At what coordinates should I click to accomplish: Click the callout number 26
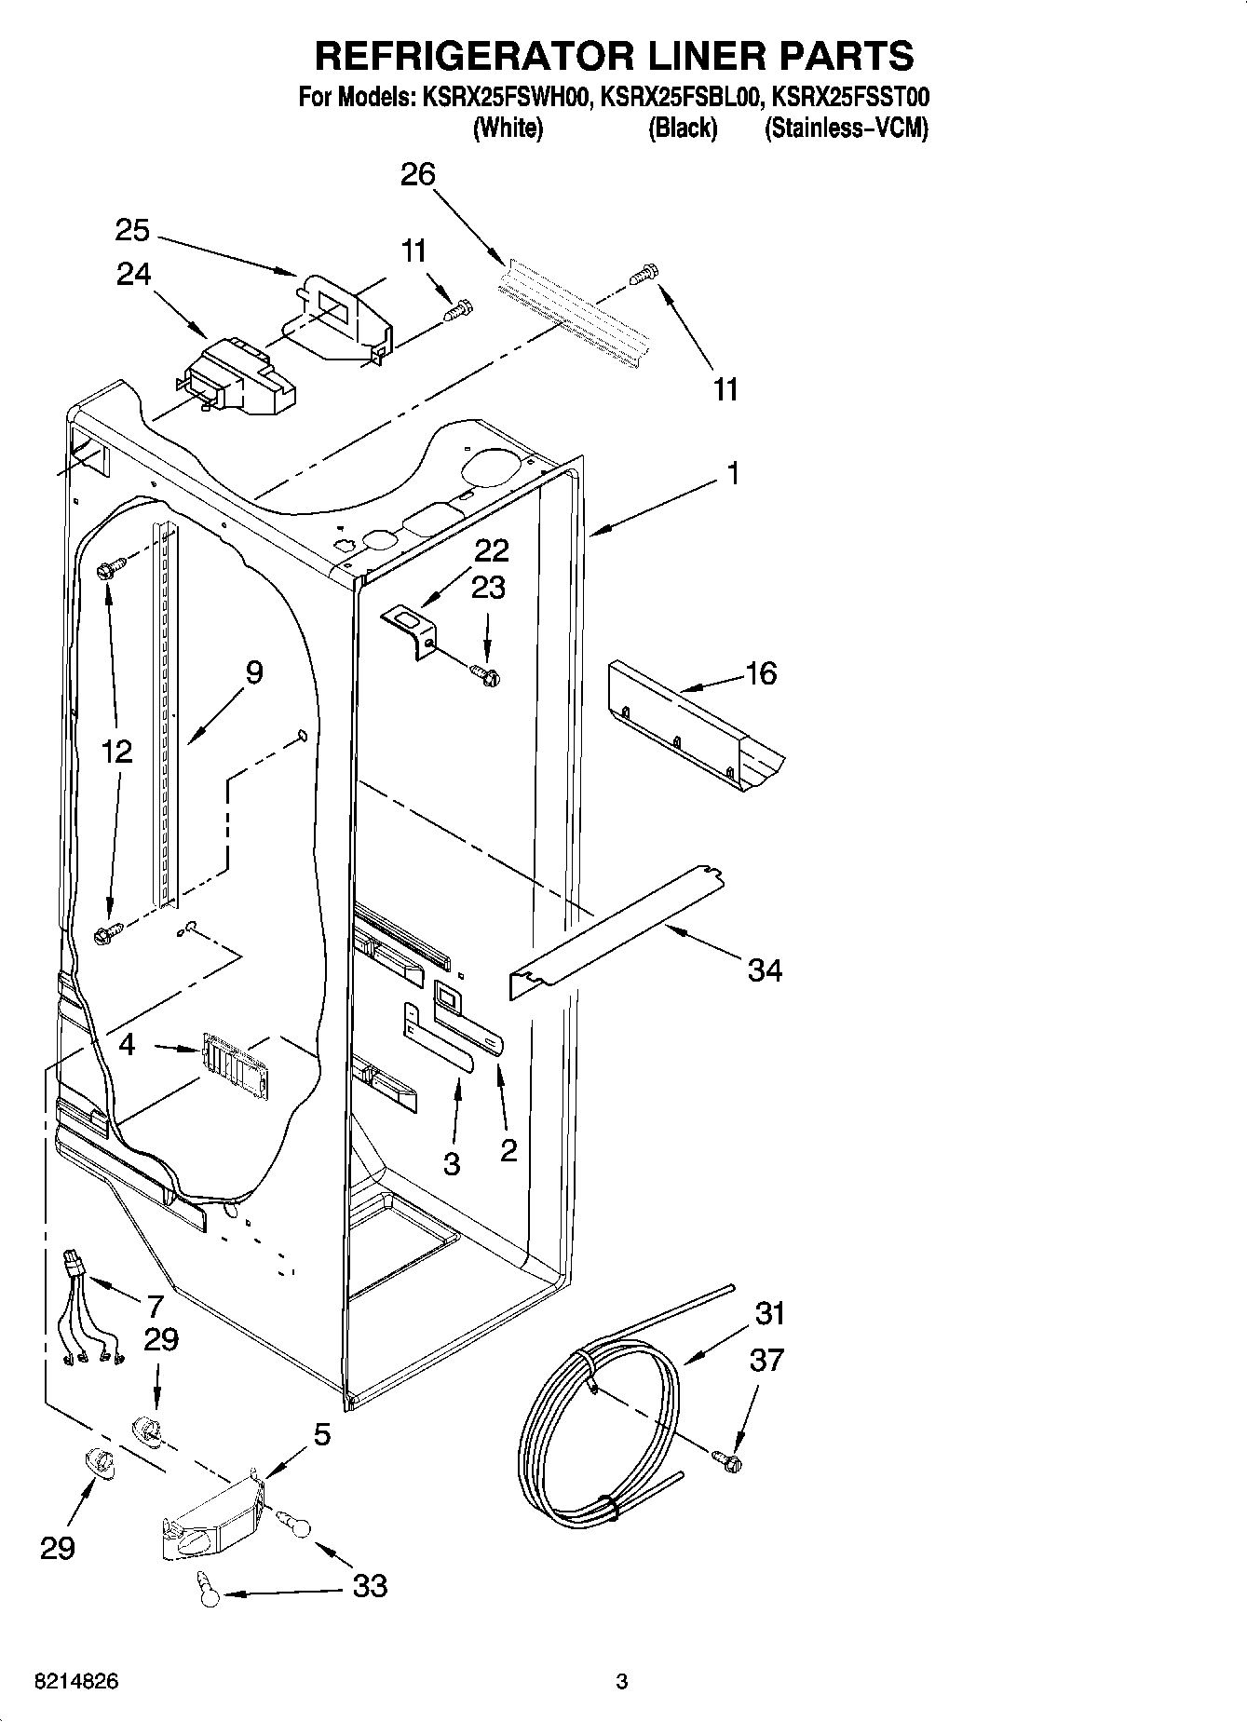coord(418,174)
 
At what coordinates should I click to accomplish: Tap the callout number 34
coord(765,971)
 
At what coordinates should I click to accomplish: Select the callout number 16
coord(761,673)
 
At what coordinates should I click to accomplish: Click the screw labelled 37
coord(727,1461)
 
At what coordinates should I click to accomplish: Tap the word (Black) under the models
coord(683,129)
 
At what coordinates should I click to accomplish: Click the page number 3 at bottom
coord(622,1682)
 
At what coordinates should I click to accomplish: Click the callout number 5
coord(321,1434)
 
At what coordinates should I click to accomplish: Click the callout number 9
coord(252,672)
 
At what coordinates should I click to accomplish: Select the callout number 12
coord(116,751)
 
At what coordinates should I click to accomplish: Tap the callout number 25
coord(132,230)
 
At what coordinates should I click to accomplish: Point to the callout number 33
coord(370,1586)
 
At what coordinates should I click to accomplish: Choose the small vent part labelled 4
coord(233,1060)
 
